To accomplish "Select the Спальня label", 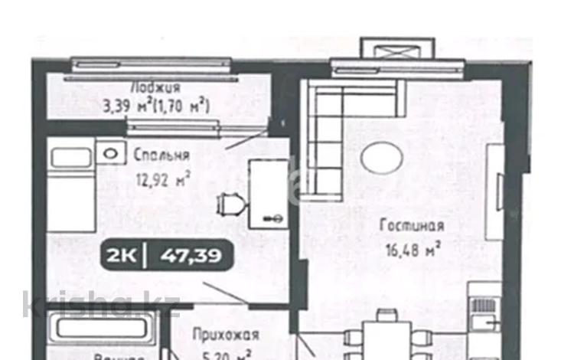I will click(x=161, y=155).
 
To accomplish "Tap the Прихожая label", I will click(x=226, y=335).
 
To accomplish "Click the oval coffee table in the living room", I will click(x=382, y=159).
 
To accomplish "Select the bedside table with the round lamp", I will click(x=113, y=154).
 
